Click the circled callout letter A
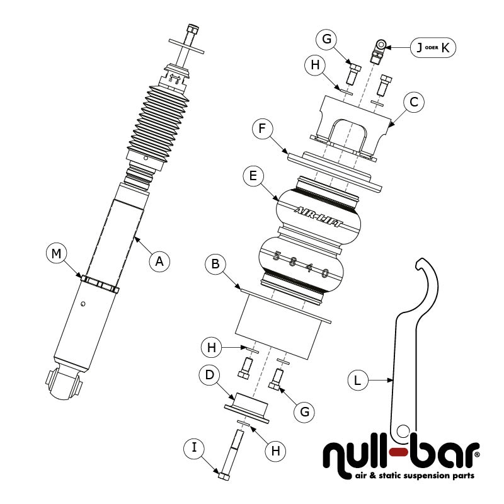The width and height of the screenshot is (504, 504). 159,260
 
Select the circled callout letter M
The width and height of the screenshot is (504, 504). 56,254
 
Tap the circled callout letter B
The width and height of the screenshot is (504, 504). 215,265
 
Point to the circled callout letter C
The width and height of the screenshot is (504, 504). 413,103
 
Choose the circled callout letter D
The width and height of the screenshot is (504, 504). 208,375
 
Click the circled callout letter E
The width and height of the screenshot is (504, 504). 253,177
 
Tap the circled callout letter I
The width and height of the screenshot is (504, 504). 194,449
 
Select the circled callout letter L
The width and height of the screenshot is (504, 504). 357,380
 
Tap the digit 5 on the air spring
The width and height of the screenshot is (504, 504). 275,256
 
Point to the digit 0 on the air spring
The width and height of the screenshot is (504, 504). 325,273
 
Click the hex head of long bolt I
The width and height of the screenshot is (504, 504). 224,474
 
